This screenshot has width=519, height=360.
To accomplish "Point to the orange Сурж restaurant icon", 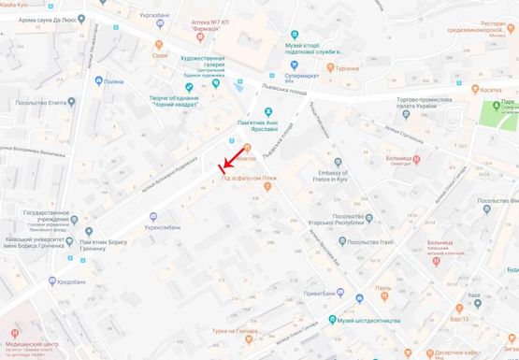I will pyautogui.click(x=159, y=44).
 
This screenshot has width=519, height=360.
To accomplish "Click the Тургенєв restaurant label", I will pyautogui.click(x=348, y=69).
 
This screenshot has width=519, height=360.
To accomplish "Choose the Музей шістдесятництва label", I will pyautogui.click(x=369, y=321).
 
